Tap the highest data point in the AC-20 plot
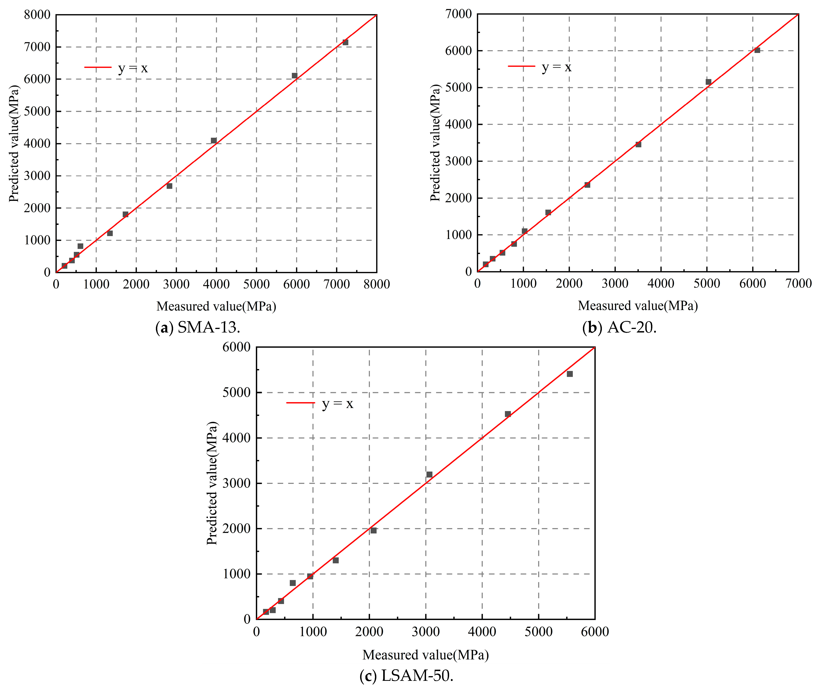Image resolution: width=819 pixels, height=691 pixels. pos(757,50)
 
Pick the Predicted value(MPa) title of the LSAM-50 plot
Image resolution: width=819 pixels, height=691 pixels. pos(212,483)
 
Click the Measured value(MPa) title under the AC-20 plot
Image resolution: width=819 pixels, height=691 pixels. pos(638,306)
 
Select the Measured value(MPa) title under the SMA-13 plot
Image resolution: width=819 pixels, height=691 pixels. pos(216,306)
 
